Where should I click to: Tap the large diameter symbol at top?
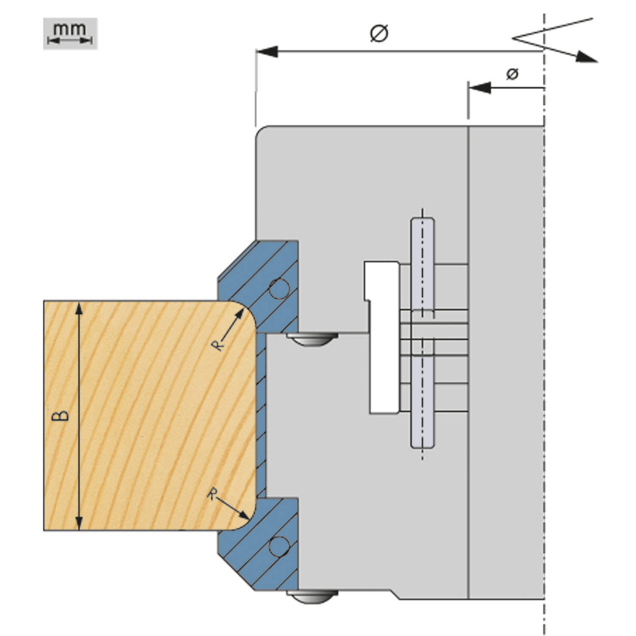point(379,33)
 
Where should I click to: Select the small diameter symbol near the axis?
point(512,74)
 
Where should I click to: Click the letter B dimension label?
point(61,416)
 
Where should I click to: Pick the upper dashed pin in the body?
point(422,267)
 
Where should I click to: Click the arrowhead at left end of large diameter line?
point(266,52)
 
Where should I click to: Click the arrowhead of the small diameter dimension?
point(479,88)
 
